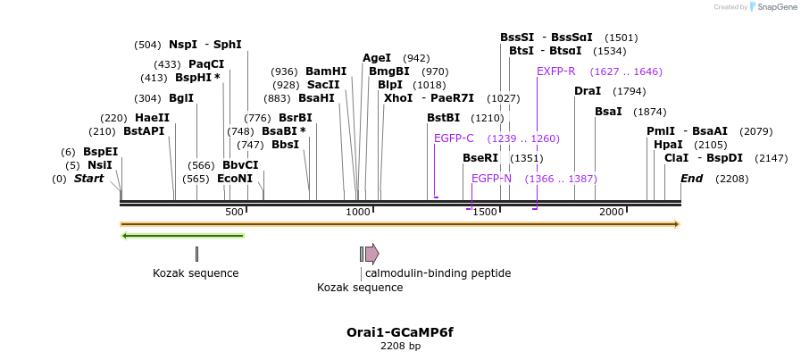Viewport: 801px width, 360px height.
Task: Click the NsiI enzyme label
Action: pyautogui.click(x=100, y=165)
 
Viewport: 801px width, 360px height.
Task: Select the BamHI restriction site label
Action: pyautogui.click(x=326, y=71)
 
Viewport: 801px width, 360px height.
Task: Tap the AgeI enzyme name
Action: pyautogui.click(x=377, y=58)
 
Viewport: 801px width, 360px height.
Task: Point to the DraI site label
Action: pyautogui.click(x=588, y=91)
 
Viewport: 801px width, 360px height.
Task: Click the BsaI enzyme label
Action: pyautogui.click(x=608, y=112)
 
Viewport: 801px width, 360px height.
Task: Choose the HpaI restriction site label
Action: pyautogui.click(x=668, y=145)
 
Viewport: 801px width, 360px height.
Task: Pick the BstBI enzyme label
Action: pyautogui.click(x=443, y=118)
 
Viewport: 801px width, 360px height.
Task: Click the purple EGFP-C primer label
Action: pyautogui.click(x=454, y=138)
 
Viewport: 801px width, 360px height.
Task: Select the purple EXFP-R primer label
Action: pyautogui.click(x=556, y=71)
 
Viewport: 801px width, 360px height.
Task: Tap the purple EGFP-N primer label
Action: pyautogui.click(x=491, y=179)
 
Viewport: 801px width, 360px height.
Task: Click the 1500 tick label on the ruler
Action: pyautogui.click(x=485, y=212)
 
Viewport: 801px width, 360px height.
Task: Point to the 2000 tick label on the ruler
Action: pyautogui.click(x=612, y=212)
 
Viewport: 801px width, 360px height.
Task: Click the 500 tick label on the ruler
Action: pyautogui.click(x=234, y=212)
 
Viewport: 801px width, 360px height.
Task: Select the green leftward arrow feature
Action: pyautogui.click(x=182, y=236)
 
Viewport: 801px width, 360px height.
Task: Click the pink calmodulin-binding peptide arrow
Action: pyautogui.click(x=371, y=254)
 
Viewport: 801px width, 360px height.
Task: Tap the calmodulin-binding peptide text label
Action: pyautogui.click(x=438, y=273)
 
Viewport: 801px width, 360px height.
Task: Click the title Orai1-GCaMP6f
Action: pyautogui.click(x=400, y=332)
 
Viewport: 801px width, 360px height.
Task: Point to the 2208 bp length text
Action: pyautogui.click(x=400, y=346)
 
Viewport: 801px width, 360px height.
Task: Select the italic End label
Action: pyautogui.click(x=691, y=179)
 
